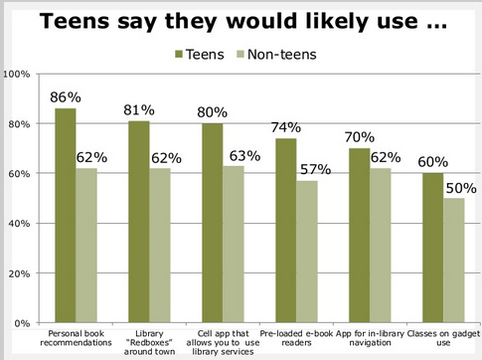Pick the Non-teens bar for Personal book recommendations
86,245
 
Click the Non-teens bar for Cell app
233,244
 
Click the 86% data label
66,97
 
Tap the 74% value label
286,127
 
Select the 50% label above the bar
456,188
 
